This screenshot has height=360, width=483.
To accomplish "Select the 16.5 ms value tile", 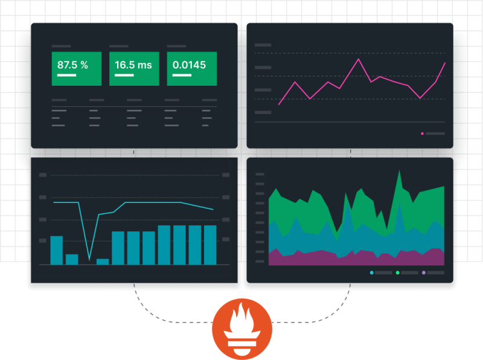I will (134, 68).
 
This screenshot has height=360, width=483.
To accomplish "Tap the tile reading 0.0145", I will (191, 68).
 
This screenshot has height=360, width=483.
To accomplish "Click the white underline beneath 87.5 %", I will (66, 76).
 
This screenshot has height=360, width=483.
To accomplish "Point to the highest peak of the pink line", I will (359, 59).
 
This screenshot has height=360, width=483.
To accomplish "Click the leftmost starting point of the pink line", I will (279, 104).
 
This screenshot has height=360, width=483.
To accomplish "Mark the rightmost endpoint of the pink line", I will (445, 63).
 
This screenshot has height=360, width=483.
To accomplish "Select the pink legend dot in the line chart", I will (422, 133).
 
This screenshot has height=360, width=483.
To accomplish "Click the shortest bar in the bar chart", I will (103, 262).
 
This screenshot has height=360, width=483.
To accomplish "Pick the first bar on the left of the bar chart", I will (56, 250).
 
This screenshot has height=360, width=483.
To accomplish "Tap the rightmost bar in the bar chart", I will (210, 245).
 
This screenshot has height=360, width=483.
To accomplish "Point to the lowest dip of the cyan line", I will (89, 259).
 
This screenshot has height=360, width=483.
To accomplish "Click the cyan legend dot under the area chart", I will (371, 273).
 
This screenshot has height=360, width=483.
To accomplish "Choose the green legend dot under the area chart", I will (397, 273).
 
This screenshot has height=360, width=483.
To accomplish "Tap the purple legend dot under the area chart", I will (424, 273).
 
